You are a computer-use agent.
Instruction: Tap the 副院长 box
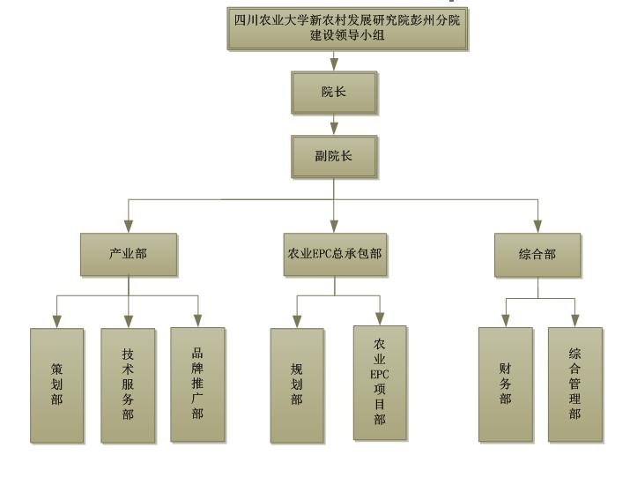pos(333,157)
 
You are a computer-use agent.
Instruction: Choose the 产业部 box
pos(129,254)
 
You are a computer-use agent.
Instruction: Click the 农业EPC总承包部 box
pos(335,254)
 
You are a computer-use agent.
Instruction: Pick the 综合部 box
pos(537,254)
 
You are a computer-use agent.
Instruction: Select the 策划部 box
pos(56,384)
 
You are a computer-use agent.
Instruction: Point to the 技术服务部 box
pos(128,384)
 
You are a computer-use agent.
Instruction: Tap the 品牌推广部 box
pos(197,384)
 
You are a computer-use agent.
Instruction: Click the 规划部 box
pos(296,384)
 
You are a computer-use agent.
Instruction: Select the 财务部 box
pos(506,384)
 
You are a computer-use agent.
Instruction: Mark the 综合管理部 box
pos(574,384)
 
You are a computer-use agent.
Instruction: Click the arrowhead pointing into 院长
pos(334,64)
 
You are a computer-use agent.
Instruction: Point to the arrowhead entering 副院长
pos(334,129)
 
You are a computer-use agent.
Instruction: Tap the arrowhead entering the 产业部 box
pos(129,225)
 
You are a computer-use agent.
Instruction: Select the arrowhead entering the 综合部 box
pos(537,225)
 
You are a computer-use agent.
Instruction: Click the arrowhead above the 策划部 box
pos(56,320)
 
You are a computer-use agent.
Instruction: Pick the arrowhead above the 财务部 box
pos(506,320)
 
